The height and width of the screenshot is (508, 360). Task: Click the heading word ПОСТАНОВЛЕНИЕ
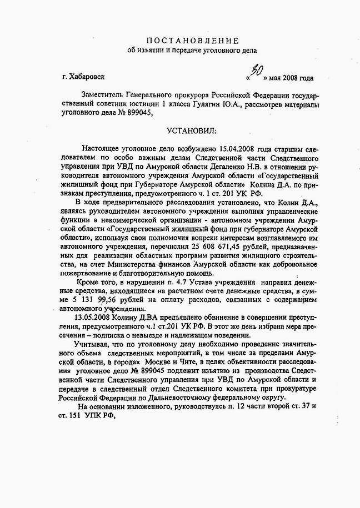click(192, 41)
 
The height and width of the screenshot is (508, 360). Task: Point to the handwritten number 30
click(257, 71)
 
